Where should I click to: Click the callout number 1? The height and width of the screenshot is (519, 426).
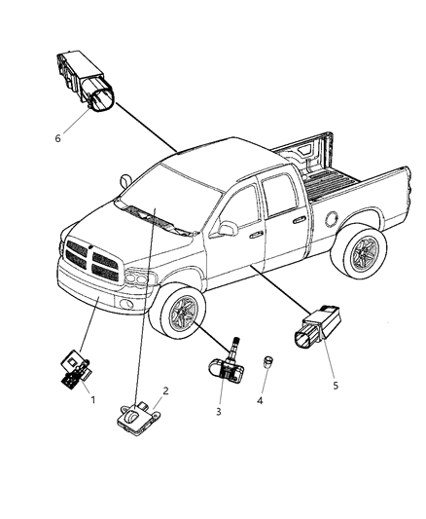click(92, 400)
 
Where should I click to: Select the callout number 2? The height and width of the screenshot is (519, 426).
click(165, 390)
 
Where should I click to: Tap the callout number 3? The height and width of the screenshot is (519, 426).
click(219, 412)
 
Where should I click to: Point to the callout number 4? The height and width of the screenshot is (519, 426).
click(260, 401)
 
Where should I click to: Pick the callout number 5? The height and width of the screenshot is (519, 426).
click(336, 386)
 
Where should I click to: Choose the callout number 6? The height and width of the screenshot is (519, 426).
click(57, 138)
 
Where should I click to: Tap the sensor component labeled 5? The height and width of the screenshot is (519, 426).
click(318, 327)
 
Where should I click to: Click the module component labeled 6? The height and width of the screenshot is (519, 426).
click(86, 80)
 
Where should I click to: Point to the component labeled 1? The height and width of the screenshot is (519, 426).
click(76, 370)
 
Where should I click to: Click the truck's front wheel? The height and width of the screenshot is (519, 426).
click(177, 312)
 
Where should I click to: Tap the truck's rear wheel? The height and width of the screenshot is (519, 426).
click(360, 252)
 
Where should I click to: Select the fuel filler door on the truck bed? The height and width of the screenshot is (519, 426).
click(332, 219)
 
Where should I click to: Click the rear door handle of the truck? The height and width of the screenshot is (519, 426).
click(300, 219)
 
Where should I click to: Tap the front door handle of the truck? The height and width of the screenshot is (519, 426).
click(256, 235)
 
